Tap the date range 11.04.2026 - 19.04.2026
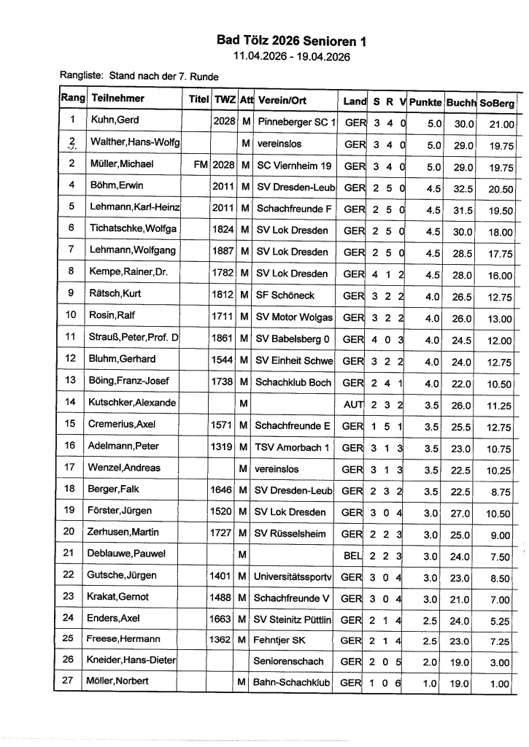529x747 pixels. click(x=292, y=56)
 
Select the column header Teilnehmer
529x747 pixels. click(x=117, y=98)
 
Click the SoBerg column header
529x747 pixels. click(x=497, y=103)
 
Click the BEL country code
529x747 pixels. click(x=354, y=554)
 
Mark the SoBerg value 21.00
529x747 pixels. click(x=501, y=125)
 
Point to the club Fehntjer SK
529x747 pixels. click(x=279, y=640)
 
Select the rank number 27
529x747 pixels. click(x=71, y=681)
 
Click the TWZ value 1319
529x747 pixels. click(x=222, y=446)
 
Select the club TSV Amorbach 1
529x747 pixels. click(x=291, y=446)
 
